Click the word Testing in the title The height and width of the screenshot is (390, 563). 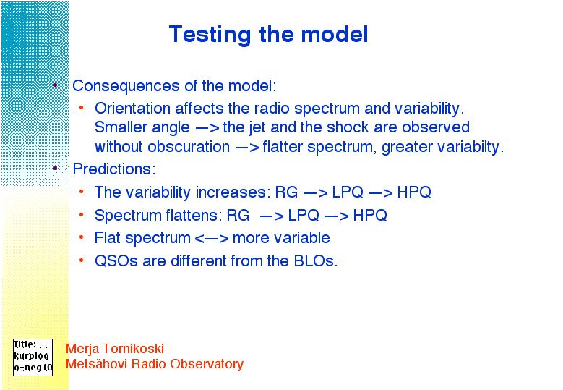click(210, 35)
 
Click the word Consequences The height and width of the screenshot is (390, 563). click(126, 86)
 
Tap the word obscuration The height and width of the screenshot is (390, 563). click(189, 147)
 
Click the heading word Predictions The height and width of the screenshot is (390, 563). click(113, 169)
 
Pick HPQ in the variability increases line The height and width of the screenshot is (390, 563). click(414, 192)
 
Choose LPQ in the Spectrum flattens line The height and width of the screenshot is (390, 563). click(304, 215)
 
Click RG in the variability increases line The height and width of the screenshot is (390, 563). click(286, 192)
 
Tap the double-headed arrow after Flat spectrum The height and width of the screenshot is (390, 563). click(212, 239)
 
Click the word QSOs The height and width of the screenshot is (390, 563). click(116, 260)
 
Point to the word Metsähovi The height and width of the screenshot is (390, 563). click(97, 363)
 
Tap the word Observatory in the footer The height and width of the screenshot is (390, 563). click(207, 364)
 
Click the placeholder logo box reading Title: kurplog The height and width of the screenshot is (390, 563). click(33, 357)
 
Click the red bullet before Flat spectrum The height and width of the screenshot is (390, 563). click(82, 237)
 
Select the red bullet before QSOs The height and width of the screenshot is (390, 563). click(82, 260)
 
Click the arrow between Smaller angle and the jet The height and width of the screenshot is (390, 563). click(207, 128)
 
